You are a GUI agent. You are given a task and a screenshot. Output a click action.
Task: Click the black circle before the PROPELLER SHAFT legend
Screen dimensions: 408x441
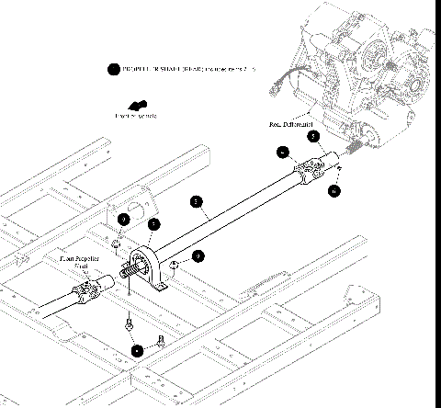tap(113, 69)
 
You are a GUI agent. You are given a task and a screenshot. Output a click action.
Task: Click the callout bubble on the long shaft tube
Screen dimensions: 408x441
tap(195, 200)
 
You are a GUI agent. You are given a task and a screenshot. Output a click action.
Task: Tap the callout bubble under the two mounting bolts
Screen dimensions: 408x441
tap(137, 350)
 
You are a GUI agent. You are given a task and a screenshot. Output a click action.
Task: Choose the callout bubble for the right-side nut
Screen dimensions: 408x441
tap(198, 256)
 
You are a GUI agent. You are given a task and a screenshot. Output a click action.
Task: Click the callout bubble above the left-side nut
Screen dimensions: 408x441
tap(122, 220)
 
